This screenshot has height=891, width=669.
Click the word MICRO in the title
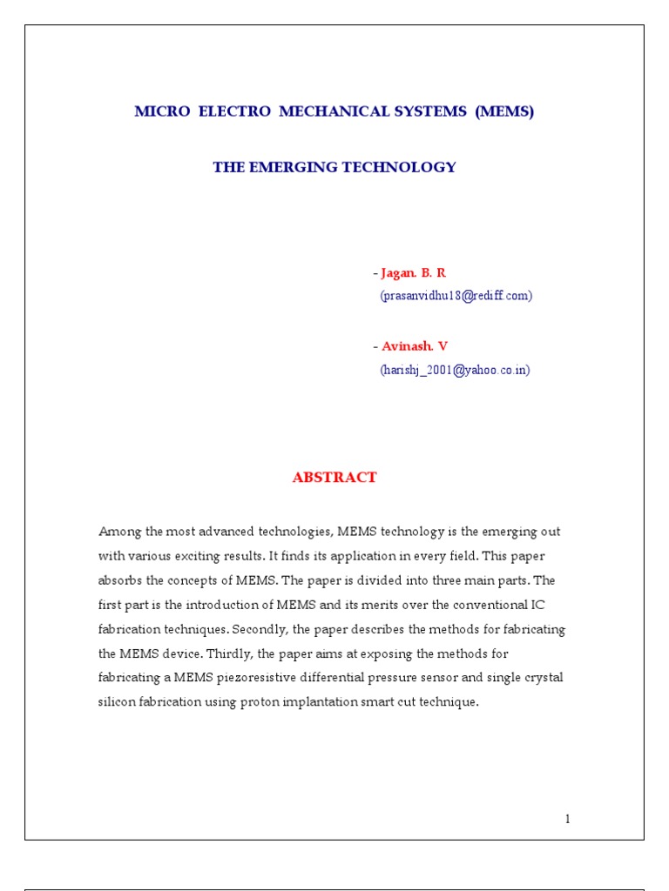(162, 112)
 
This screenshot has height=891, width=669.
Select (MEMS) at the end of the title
(504, 112)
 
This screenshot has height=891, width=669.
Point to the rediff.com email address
(456, 296)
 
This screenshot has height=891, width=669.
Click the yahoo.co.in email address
(455, 370)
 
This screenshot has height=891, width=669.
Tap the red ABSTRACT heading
(334, 477)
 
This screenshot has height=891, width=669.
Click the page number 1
(567, 818)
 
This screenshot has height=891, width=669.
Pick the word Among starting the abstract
(119, 531)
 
